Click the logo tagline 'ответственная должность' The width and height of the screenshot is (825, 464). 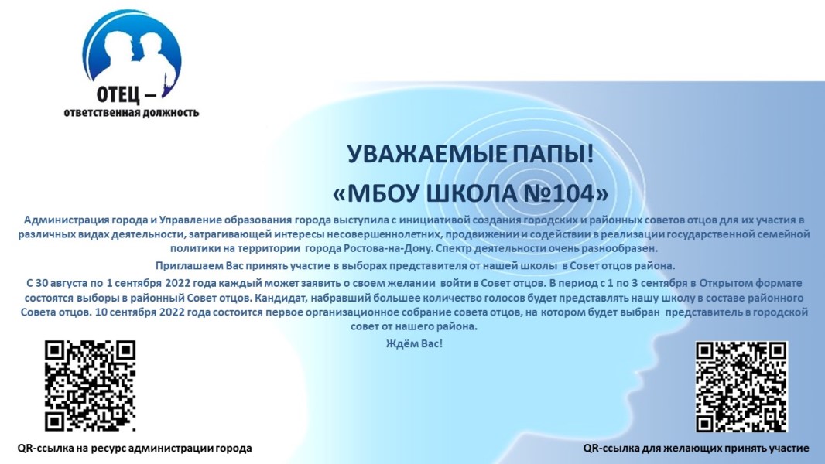point(132,112)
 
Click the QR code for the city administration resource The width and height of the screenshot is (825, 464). point(90,386)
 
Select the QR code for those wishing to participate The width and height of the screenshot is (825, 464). point(741,386)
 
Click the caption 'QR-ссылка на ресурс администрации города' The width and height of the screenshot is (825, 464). point(135,449)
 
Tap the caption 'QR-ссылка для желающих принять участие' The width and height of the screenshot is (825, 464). point(696,449)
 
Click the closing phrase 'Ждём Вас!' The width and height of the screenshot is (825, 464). point(415,343)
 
